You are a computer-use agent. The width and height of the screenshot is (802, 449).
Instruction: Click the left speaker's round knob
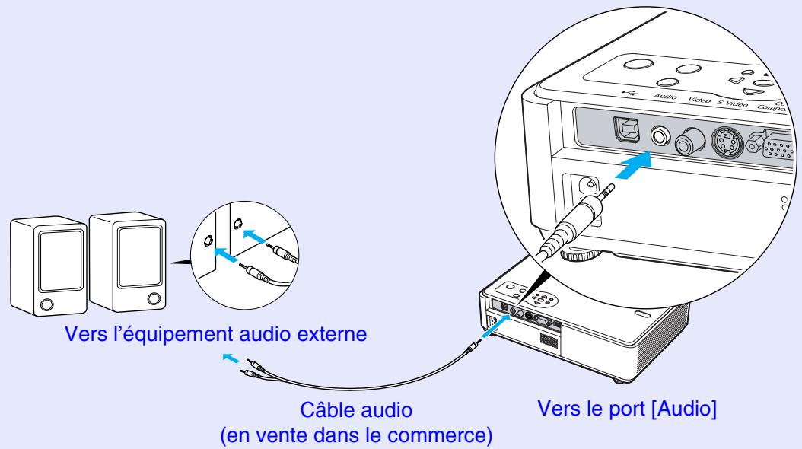[46, 304]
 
